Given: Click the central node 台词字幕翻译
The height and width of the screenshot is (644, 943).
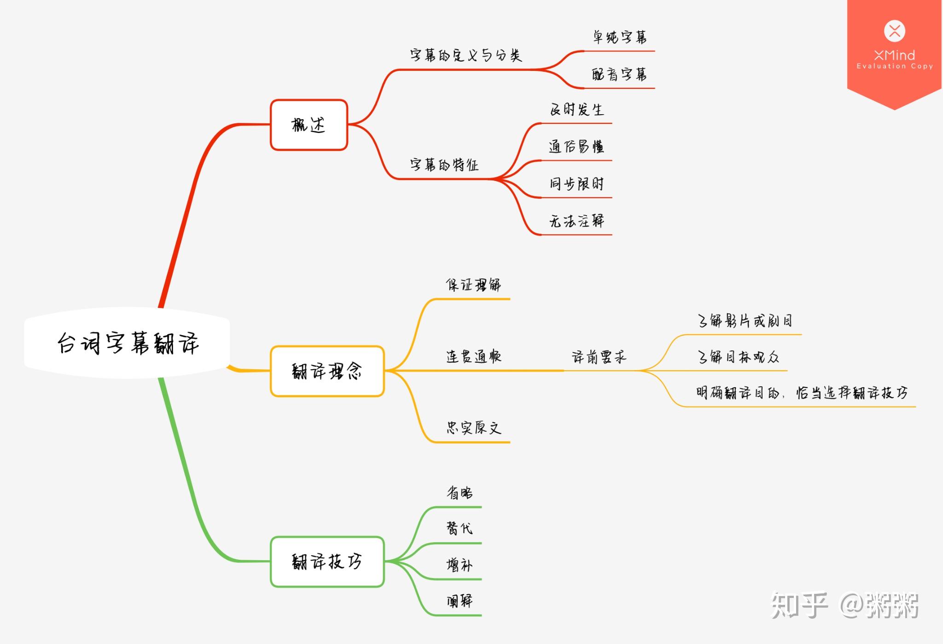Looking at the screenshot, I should point(127,343).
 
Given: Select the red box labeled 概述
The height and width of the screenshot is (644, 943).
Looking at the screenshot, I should point(309,125).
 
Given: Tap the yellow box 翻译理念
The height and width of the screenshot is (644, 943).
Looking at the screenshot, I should point(327,371).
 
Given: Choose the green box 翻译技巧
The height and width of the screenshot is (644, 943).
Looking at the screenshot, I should point(327,562).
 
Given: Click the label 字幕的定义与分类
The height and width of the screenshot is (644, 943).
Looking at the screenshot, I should point(466,56).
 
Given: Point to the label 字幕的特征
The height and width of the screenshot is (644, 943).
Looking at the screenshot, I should point(444,164).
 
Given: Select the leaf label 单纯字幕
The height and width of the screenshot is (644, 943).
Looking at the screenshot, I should point(619,37).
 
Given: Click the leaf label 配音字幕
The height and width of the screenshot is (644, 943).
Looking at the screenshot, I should point(619,74).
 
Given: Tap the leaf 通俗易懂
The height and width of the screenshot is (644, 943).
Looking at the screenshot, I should point(576,146).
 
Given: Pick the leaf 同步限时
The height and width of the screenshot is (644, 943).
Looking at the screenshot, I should point(576,184).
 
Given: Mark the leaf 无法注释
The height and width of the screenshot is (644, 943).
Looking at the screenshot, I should point(576,221).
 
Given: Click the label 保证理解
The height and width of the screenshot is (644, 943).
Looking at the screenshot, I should point(473,285).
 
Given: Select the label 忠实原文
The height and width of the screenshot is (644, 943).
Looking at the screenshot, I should point(473,428).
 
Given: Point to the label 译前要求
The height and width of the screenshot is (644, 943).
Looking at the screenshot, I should point(599,357).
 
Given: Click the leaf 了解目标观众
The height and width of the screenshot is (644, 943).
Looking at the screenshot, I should point(738,357).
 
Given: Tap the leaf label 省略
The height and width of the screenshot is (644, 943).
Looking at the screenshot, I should point(460,493).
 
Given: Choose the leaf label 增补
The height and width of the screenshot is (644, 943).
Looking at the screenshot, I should point(460,565).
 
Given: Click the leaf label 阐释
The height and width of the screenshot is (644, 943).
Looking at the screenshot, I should point(460,601).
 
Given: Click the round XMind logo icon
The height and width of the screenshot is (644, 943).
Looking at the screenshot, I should point(895,31).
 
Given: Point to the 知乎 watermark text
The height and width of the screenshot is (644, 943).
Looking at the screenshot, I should point(799,605).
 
